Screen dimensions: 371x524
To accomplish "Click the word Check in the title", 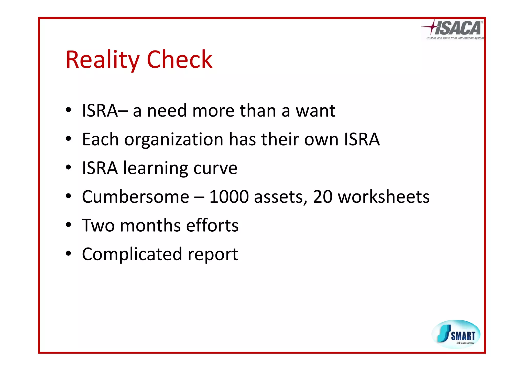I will [x=179, y=60].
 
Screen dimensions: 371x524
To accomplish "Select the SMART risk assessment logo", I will [x=456, y=334].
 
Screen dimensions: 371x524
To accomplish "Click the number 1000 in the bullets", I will [x=229, y=197].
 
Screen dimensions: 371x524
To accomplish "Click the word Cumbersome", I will [x=135, y=197].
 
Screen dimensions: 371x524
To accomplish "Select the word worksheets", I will [x=384, y=197].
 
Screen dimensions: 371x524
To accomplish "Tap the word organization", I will [x=174, y=140].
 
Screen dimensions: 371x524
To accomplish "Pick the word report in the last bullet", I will [x=213, y=255].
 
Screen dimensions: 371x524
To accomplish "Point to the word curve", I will [x=215, y=169].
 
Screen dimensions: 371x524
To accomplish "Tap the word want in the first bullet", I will [x=315, y=111].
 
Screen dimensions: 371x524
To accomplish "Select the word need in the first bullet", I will [x=167, y=111].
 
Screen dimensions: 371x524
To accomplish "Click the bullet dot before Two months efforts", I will [x=68, y=225].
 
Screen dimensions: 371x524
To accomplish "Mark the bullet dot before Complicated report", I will [x=68, y=254].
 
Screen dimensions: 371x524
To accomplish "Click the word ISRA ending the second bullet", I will [x=362, y=139].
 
